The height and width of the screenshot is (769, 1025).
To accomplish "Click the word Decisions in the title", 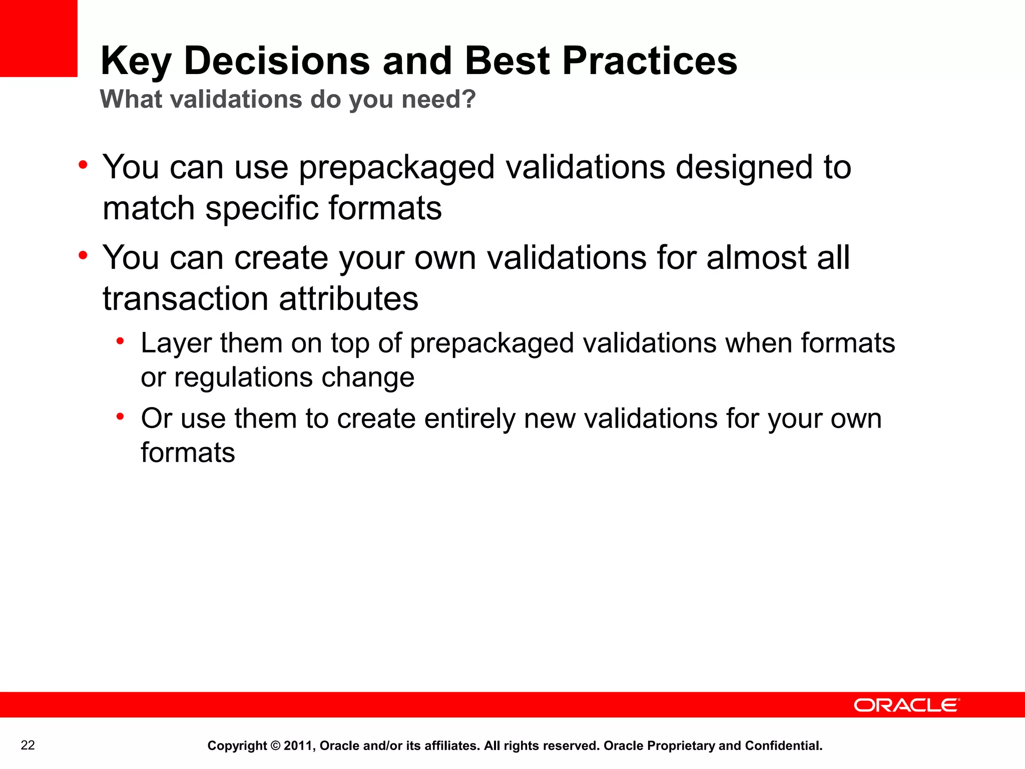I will pyautogui.click(x=277, y=61).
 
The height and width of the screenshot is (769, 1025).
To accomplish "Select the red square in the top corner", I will pyautogui.click(x=39, y=38).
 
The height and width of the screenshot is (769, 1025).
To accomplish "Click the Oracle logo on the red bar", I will pyautogui.click(x=906, y=705).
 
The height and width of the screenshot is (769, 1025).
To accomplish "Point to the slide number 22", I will pyautogui.click(x=28, y=745).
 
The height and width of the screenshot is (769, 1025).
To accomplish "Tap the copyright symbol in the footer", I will pyautogui.click(x=275, y=746).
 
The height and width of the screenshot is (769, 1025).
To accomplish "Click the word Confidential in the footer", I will pyautogui.click(x=783, y=746).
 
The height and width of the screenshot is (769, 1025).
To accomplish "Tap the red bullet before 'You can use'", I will pyautogui.click(x=83, y=165).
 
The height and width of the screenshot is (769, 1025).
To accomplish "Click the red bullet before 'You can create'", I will pyautogui.click(x=83, y=255).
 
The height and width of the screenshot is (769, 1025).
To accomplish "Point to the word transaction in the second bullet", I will pyautogui.click(x=185, y=299).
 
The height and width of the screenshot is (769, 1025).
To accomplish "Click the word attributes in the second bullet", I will pyautogui.click(x=348, y=299).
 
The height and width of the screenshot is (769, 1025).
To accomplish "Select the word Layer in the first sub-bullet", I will pyautogui.click(x=176, y=344).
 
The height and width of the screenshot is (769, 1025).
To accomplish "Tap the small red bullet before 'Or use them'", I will pyautogui.click(x=120, y=417).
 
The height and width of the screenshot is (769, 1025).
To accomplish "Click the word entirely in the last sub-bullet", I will pyautogui.click(x=469, y=419).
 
